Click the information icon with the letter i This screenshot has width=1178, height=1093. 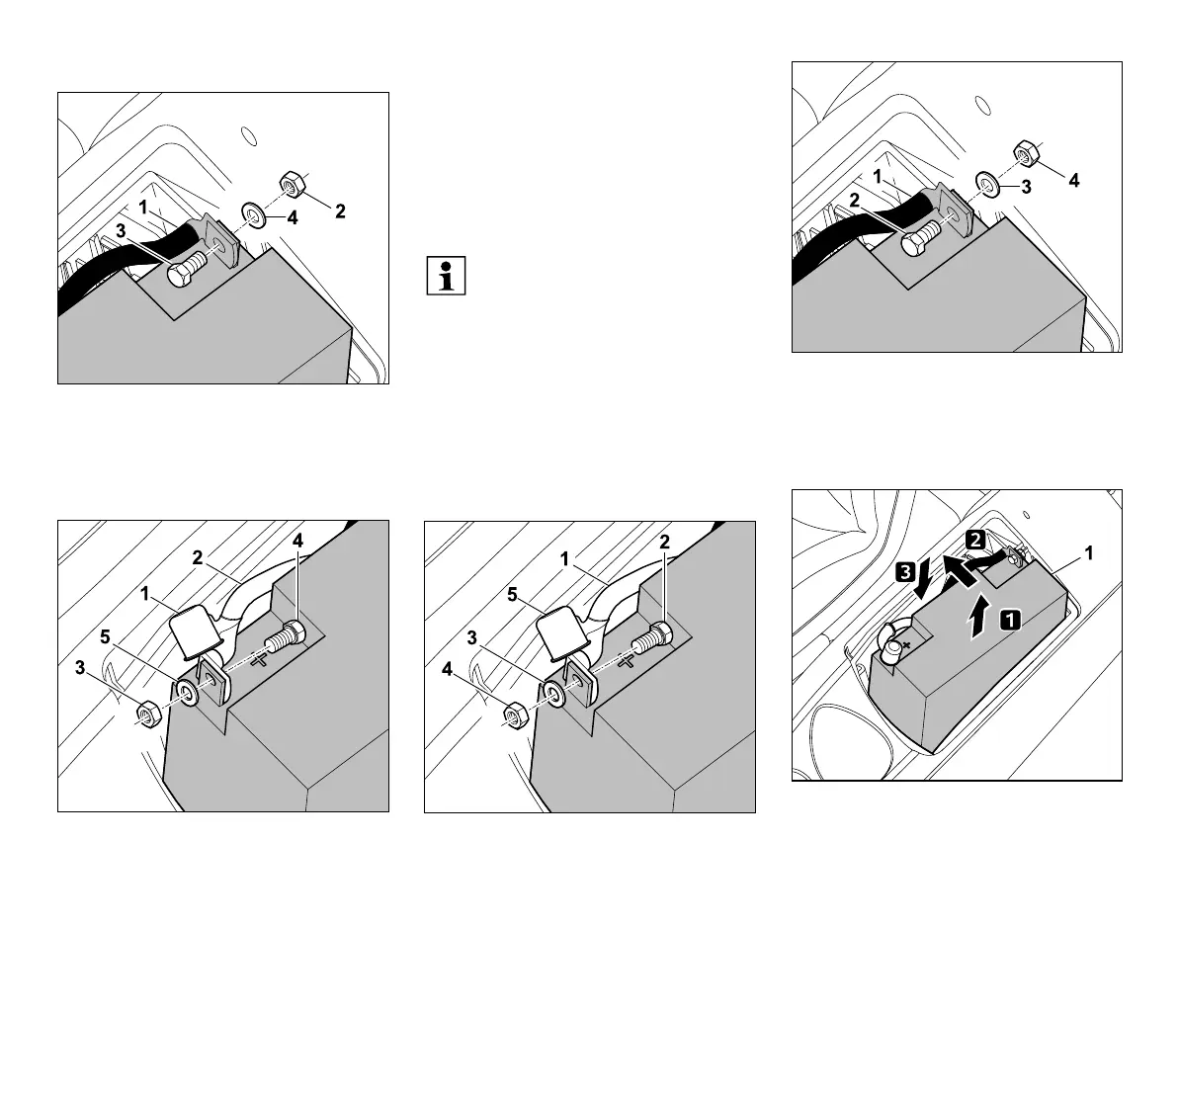point(448,276)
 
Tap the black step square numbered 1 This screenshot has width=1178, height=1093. point(1010,621)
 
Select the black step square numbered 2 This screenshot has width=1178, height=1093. point(974,541)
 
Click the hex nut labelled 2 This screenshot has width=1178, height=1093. point(293,182)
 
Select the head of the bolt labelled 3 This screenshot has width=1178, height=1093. point(181,274)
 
